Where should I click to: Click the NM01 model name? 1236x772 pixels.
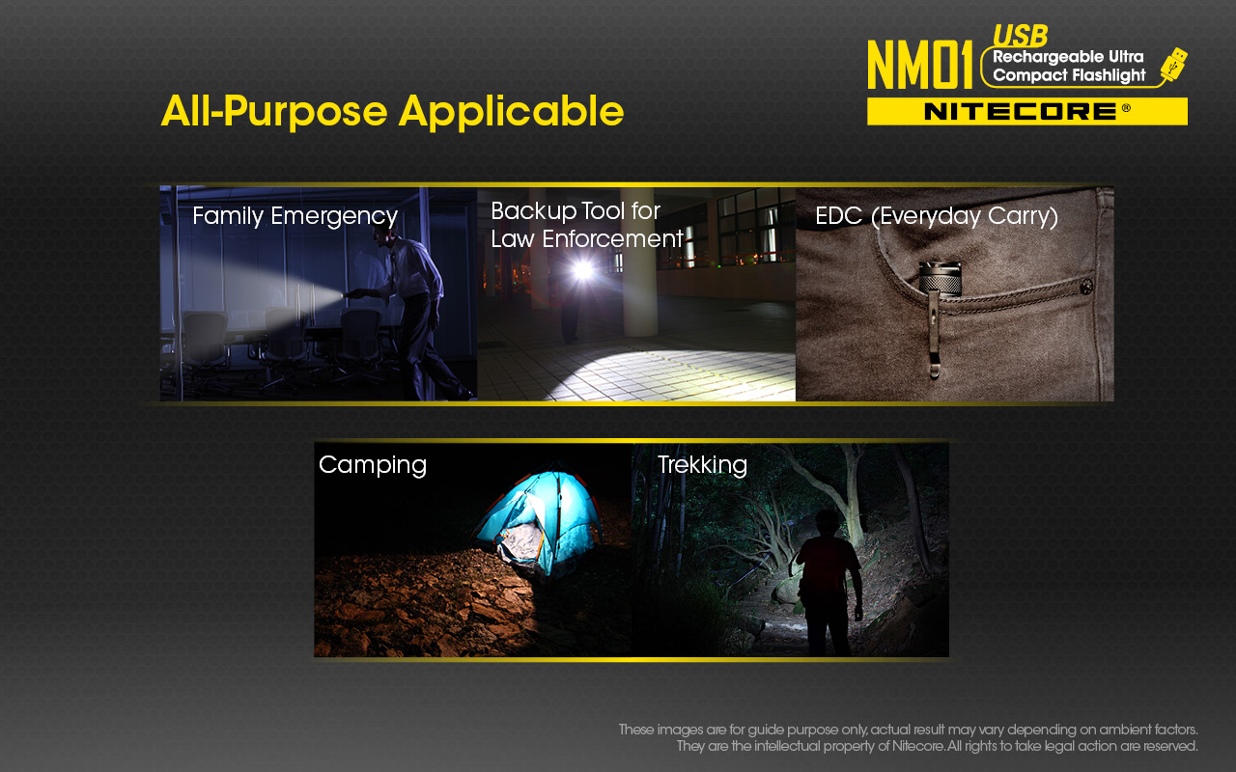[919, 65]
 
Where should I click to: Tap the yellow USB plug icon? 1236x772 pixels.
[1173, 64]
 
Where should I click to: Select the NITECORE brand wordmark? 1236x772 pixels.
[1020, 112]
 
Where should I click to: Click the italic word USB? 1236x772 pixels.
[1020, 37]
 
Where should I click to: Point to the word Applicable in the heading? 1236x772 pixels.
[511, 111]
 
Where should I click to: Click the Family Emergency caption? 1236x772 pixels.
[295, 216]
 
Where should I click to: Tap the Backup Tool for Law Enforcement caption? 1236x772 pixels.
[587, 225]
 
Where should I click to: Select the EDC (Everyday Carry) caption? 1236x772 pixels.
[937, 216]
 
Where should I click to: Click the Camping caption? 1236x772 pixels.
[373, 465]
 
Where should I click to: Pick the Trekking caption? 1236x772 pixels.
[702, 464]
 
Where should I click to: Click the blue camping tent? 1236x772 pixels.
[538, 524]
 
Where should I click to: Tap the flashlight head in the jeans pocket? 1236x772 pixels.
[940, 279]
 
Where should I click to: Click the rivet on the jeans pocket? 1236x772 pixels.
[1086, 287]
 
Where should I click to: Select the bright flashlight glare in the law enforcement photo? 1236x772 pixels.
[582, 269]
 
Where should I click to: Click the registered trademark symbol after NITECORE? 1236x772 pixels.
[1126, 108]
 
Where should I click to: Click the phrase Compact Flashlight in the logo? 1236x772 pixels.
[1069, 75]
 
